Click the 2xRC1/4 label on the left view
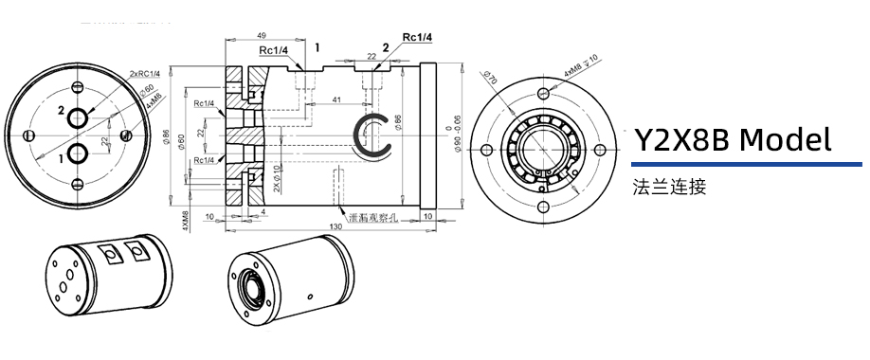click(x=143, y=73)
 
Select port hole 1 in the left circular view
click(x=79, y=154)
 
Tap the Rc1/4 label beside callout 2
click(x=417, y=37)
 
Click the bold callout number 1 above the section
click(x=317, y=45)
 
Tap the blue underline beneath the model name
click(x=734, y=163)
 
